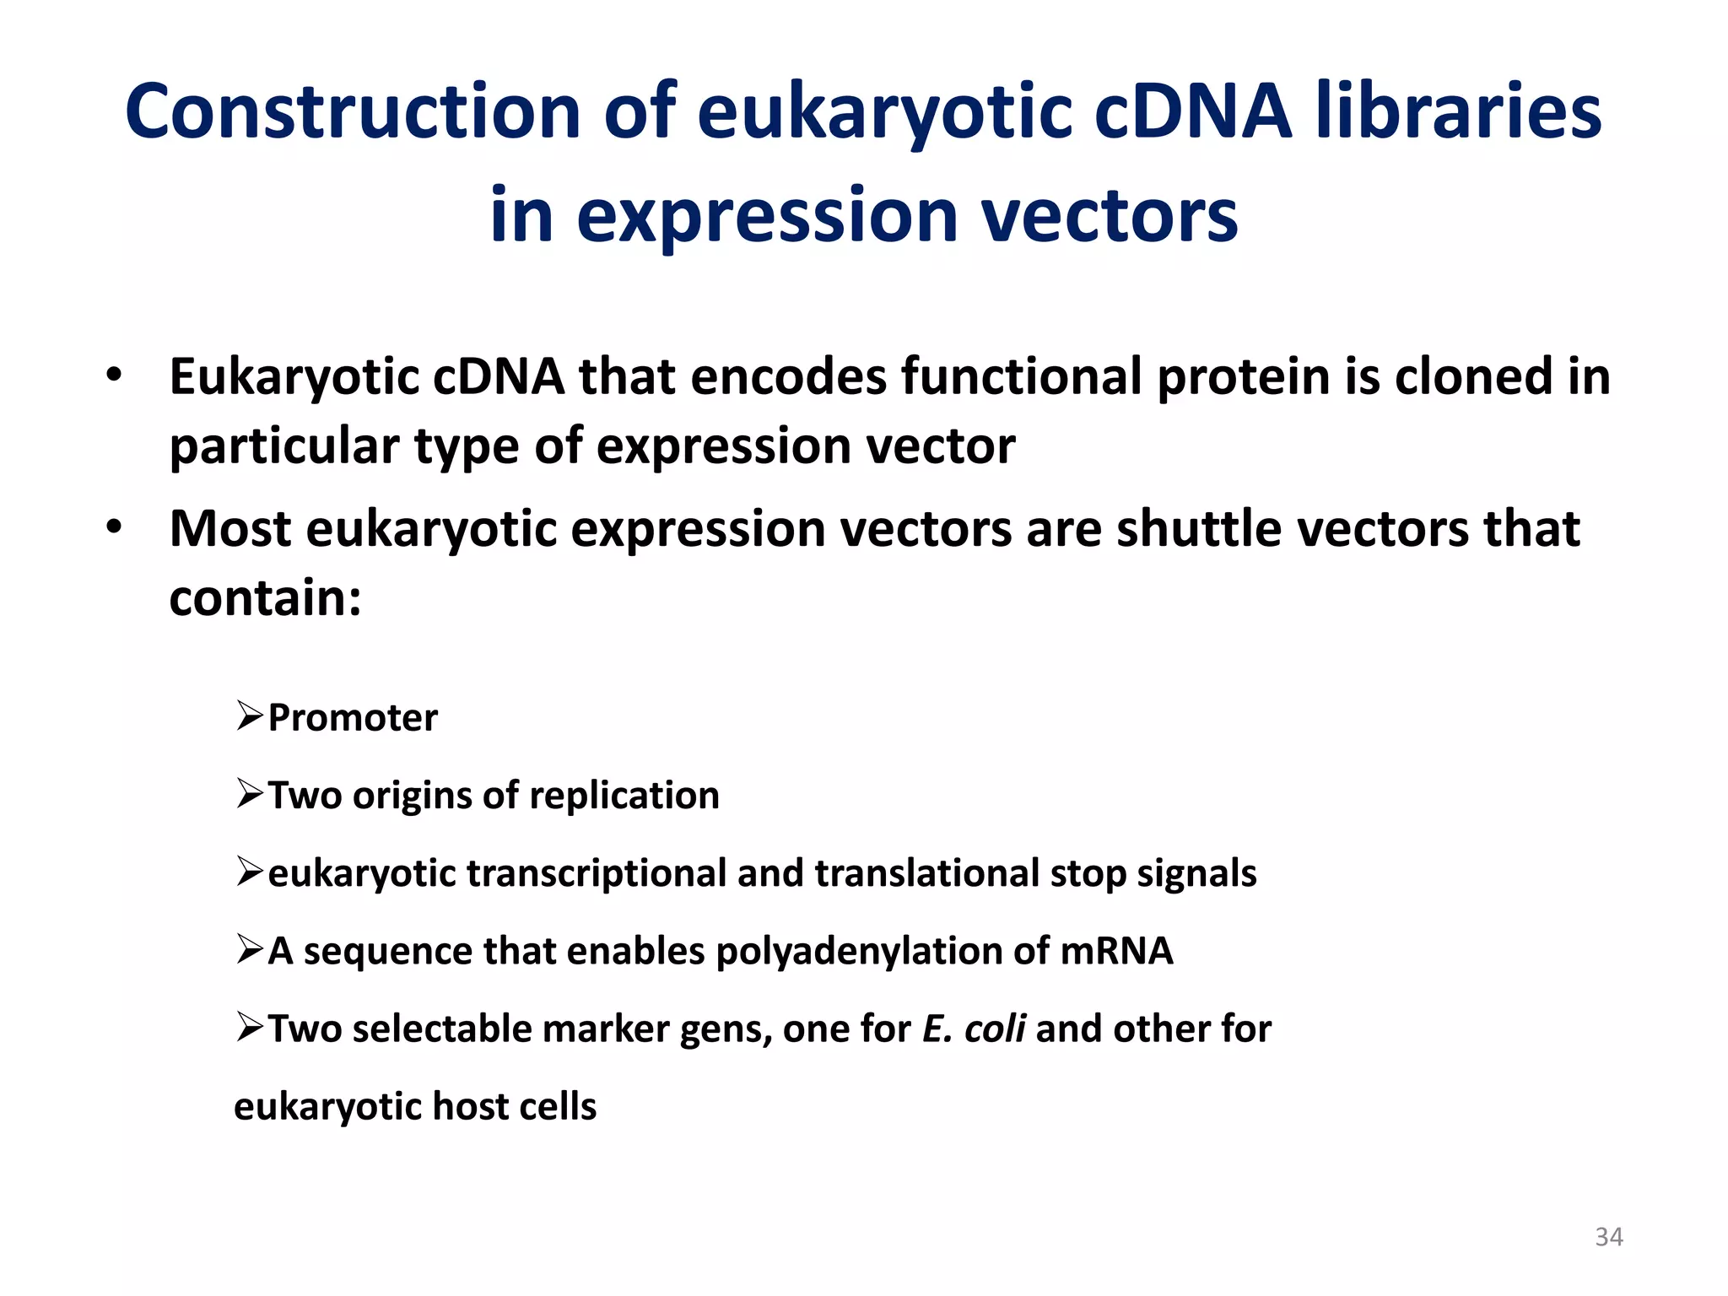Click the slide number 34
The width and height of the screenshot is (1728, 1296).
pos(1608,1237)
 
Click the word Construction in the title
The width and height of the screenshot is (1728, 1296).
pos(353,112)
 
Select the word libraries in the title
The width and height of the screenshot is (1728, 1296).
pos(1458,112)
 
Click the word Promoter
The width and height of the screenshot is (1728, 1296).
pos(353,718)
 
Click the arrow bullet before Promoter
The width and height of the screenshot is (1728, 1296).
pos(250,717)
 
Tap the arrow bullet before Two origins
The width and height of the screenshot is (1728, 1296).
pos(250,795)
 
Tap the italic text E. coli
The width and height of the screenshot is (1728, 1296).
pos(974,1029)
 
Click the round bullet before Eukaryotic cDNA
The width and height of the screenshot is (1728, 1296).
pos(114,375)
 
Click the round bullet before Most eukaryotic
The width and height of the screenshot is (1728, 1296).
pos(114,528)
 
